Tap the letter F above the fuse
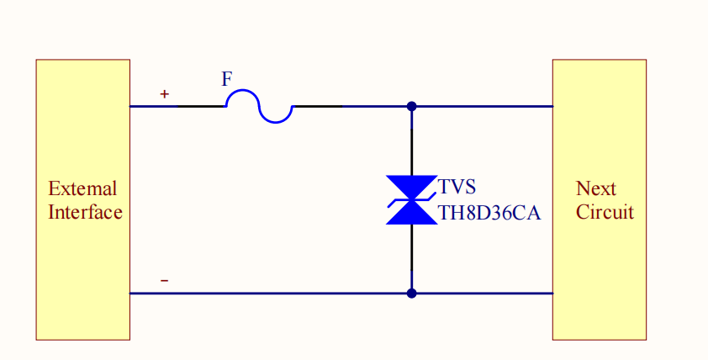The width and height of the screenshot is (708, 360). (x=227, y=80)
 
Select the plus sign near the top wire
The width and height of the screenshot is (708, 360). (x=165, y=94)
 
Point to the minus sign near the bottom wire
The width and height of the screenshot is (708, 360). (x=164, y=280)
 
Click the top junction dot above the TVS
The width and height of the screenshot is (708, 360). (x=411, y=106)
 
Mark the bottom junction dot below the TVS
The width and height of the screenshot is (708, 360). (x=411, y=294)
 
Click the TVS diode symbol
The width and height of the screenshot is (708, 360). (x=411, y=200)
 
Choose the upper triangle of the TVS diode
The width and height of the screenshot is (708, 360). (x=411, y=188)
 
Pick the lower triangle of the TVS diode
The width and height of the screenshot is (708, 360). (x=411, y=214)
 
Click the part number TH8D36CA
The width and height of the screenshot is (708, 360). (x=489, y=213)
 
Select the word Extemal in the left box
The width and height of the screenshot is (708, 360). (x=82, y=188)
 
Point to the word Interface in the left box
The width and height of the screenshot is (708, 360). (x=85, y=212)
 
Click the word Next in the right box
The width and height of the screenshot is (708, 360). (x=595, y=188)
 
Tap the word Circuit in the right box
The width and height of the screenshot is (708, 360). (x=605, y=212)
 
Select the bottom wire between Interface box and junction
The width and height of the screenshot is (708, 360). (x=269, y=294)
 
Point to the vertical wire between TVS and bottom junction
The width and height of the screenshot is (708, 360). (x=411, y=257)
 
